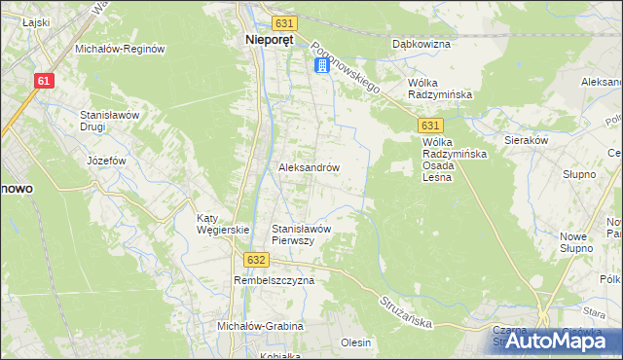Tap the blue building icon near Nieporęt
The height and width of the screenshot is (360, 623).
tap(321, 65)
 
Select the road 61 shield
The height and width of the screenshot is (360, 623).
tap(43, 82)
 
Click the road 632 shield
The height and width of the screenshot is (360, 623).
tap(255, 260)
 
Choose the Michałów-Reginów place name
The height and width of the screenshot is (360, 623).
tap(121, 49)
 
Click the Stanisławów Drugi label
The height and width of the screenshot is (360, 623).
tap(111, 121)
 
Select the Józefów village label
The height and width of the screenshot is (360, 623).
tap(107, 160)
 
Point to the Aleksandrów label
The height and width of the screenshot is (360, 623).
tap(309, 167)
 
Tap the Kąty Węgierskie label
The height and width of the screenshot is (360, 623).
tap(223, 224)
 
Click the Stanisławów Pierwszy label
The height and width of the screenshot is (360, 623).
tap(303, 234)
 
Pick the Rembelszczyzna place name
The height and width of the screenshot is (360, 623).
tap(274, 280)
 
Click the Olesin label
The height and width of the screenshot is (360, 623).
tap(356, 342)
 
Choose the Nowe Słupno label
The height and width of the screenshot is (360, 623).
tap(576, 242)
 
